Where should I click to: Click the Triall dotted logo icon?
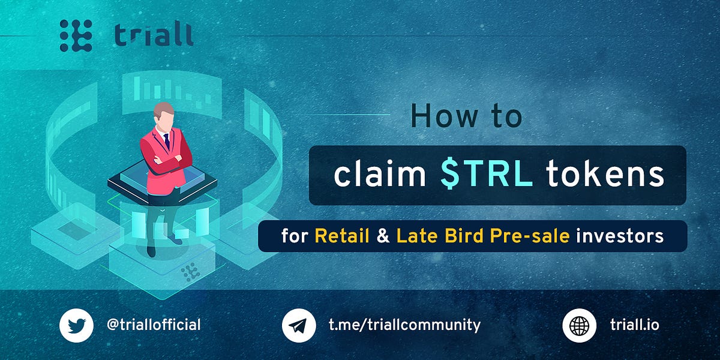76,35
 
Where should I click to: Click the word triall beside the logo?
154,35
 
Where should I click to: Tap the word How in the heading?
439,116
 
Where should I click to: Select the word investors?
620,236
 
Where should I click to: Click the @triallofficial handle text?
153,325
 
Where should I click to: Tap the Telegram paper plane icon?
298,325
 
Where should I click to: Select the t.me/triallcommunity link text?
404,325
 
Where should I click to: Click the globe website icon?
578,325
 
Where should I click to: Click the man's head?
163,116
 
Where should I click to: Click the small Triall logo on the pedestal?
191,272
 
